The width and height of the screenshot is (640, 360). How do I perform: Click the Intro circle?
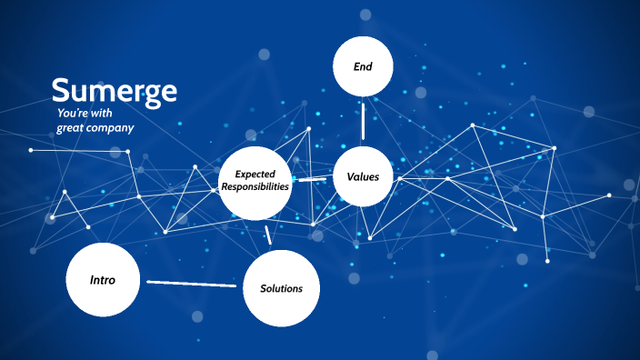tap(103, 279)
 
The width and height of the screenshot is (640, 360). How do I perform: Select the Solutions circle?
tap(281, 287)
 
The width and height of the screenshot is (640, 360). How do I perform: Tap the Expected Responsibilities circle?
tap(255, 180)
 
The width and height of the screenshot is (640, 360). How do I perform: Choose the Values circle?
tap(363, 176)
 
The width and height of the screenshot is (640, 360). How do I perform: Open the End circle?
tap(363, 66)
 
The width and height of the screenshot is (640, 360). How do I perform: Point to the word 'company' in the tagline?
tap(111, 128)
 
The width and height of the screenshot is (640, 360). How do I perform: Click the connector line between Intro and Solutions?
tap(191, 283)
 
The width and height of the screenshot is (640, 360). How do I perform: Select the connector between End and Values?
tap(363, 120)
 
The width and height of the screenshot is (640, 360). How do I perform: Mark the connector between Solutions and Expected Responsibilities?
tap(268, 235)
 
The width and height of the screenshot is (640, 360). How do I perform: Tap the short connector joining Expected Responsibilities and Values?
tap(312, 179)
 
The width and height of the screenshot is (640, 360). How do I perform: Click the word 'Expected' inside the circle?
tap(255, 174)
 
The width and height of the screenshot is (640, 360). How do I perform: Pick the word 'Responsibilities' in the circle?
tap(255, 185)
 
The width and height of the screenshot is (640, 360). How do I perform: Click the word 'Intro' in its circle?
tap(103, 279)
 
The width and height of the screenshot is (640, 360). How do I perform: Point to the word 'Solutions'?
tap(281, 288)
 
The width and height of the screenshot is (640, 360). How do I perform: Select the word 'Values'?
tap(363, 176)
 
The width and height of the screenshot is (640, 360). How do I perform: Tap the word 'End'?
tap(363, 66)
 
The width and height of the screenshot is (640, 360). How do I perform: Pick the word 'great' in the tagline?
tap(70, 128)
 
